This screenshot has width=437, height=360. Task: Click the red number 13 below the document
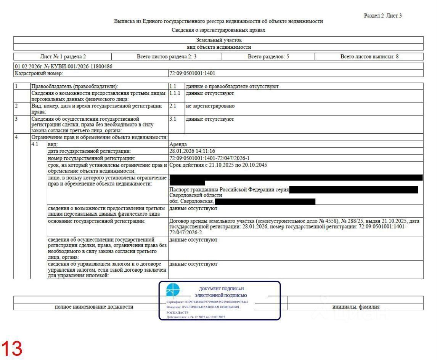[x=13, y=349]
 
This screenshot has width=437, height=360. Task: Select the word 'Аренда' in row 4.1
[x=178, y=144]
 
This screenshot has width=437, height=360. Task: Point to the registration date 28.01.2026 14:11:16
[x=192, y=151]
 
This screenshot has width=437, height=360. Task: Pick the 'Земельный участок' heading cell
[x=218, y=40]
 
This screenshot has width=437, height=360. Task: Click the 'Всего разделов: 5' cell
[x=268, y=57]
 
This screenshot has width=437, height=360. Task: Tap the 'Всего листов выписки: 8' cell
[x=369, y=57]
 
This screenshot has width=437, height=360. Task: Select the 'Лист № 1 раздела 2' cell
[x=63, y=57]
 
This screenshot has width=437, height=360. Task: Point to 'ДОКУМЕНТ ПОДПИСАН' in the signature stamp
[x=221, y=289]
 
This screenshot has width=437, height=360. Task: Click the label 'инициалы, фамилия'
[x=355, y=307]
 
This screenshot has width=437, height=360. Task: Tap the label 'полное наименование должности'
[x=94, y=307]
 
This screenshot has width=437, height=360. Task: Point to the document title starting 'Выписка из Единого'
[x=218, y=21]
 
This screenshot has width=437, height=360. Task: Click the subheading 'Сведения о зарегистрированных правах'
[x=218, y=30]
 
